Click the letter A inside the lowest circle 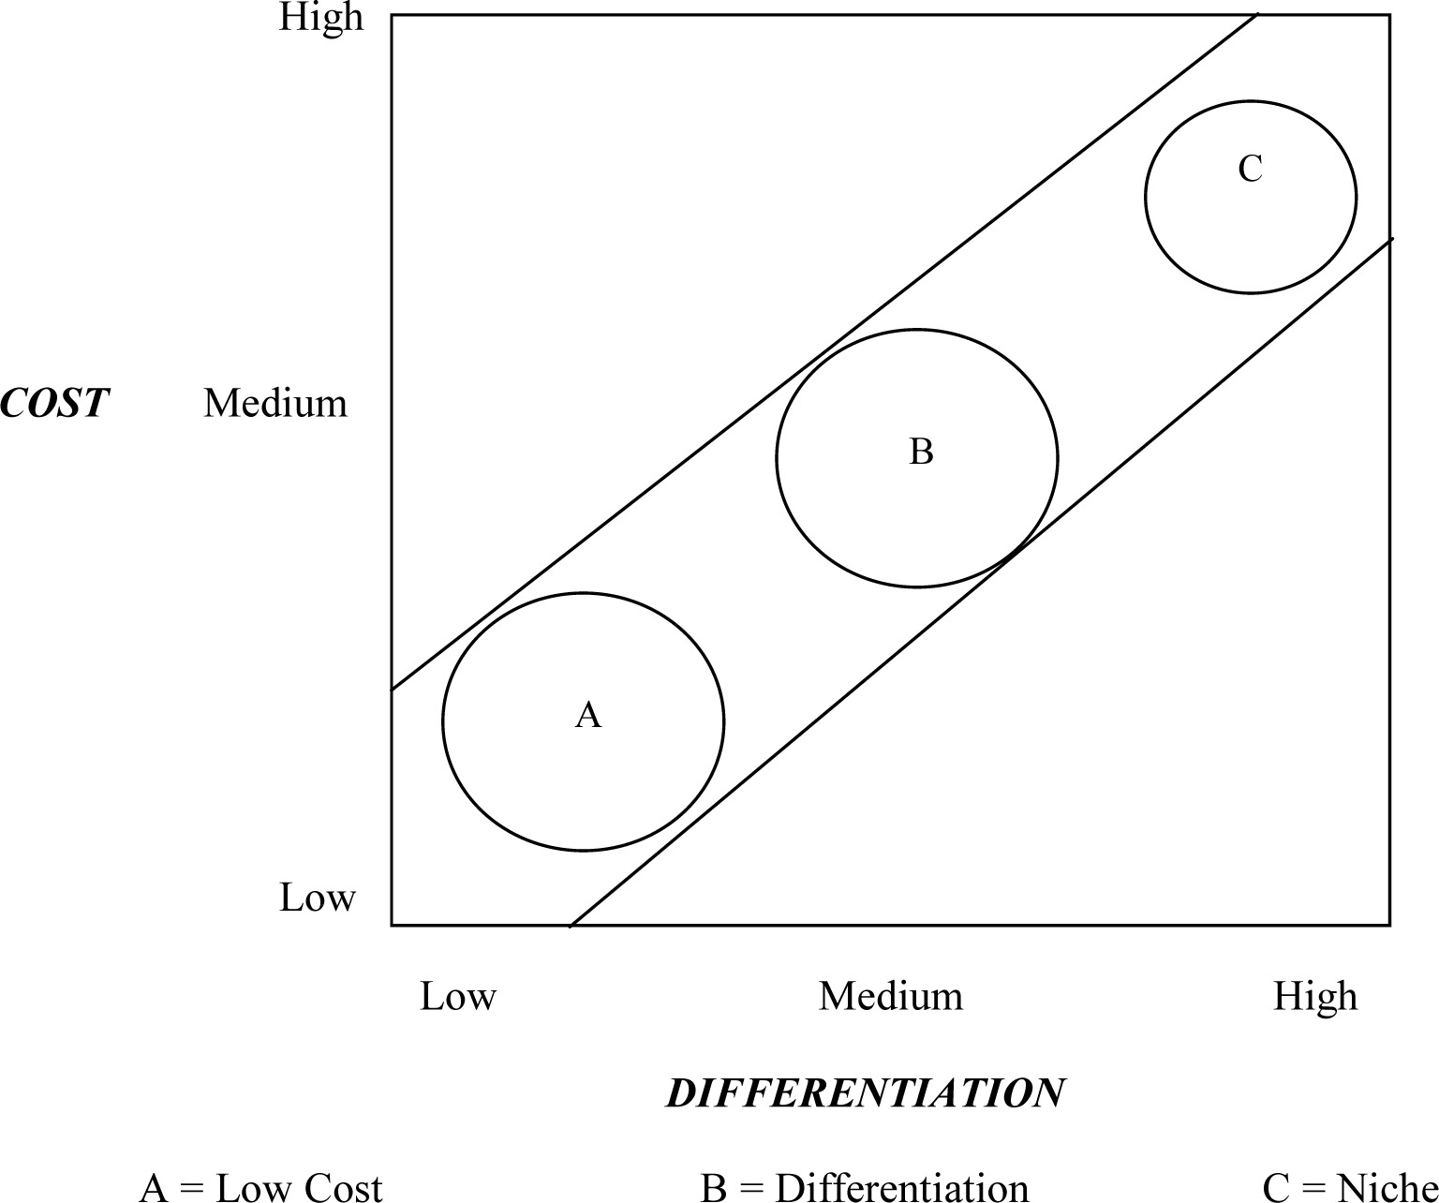[x=587, y=715]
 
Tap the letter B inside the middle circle [x=921, y=452]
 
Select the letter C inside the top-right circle [x=1250, y=170]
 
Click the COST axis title [x=54, y=404]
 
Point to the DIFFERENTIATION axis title [x=865, y=1093]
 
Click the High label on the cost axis [x=321, y=18]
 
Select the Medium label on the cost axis [x=275, y=404]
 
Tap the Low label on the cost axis [x=318, y=898]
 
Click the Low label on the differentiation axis [x=457, y=996]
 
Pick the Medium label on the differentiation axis [x=891, y=996]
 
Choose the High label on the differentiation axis [x=1315, y=996]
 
